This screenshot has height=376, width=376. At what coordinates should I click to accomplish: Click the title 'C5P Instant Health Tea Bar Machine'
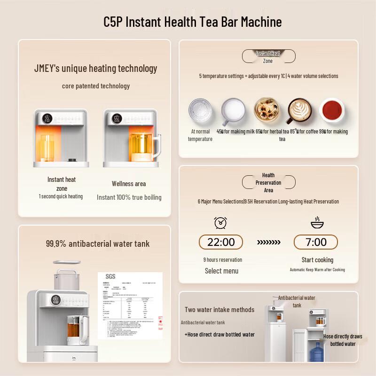click(193, 22)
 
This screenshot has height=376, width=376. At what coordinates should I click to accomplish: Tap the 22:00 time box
click(221, 242)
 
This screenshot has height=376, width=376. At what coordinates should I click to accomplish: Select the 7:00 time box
click(316, 242)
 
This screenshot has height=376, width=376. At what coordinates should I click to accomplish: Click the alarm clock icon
click(220, 222)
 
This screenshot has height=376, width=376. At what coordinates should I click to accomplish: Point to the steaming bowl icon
click(317, 222)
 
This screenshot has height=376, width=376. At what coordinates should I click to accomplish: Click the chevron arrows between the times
click(268, 243)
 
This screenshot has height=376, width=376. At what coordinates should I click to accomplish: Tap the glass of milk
click(233, 111)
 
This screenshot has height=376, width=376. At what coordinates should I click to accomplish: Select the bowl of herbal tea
click(266, 110)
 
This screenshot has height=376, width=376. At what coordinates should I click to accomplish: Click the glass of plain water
click(200, 111)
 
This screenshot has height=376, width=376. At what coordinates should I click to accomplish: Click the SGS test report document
click(130, 305)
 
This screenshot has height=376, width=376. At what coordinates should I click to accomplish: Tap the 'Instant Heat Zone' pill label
click(268, 57)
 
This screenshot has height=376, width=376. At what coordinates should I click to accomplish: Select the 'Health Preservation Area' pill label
click(268, 182)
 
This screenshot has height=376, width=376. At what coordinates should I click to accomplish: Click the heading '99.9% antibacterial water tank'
click(98, 243)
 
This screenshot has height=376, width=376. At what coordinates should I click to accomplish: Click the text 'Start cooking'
click(317, 260)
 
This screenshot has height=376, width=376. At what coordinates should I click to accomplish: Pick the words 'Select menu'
click(221, 271)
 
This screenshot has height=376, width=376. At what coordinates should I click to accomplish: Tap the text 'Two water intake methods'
click(219, 310)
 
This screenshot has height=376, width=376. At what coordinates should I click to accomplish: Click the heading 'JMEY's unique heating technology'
click(96, 69)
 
